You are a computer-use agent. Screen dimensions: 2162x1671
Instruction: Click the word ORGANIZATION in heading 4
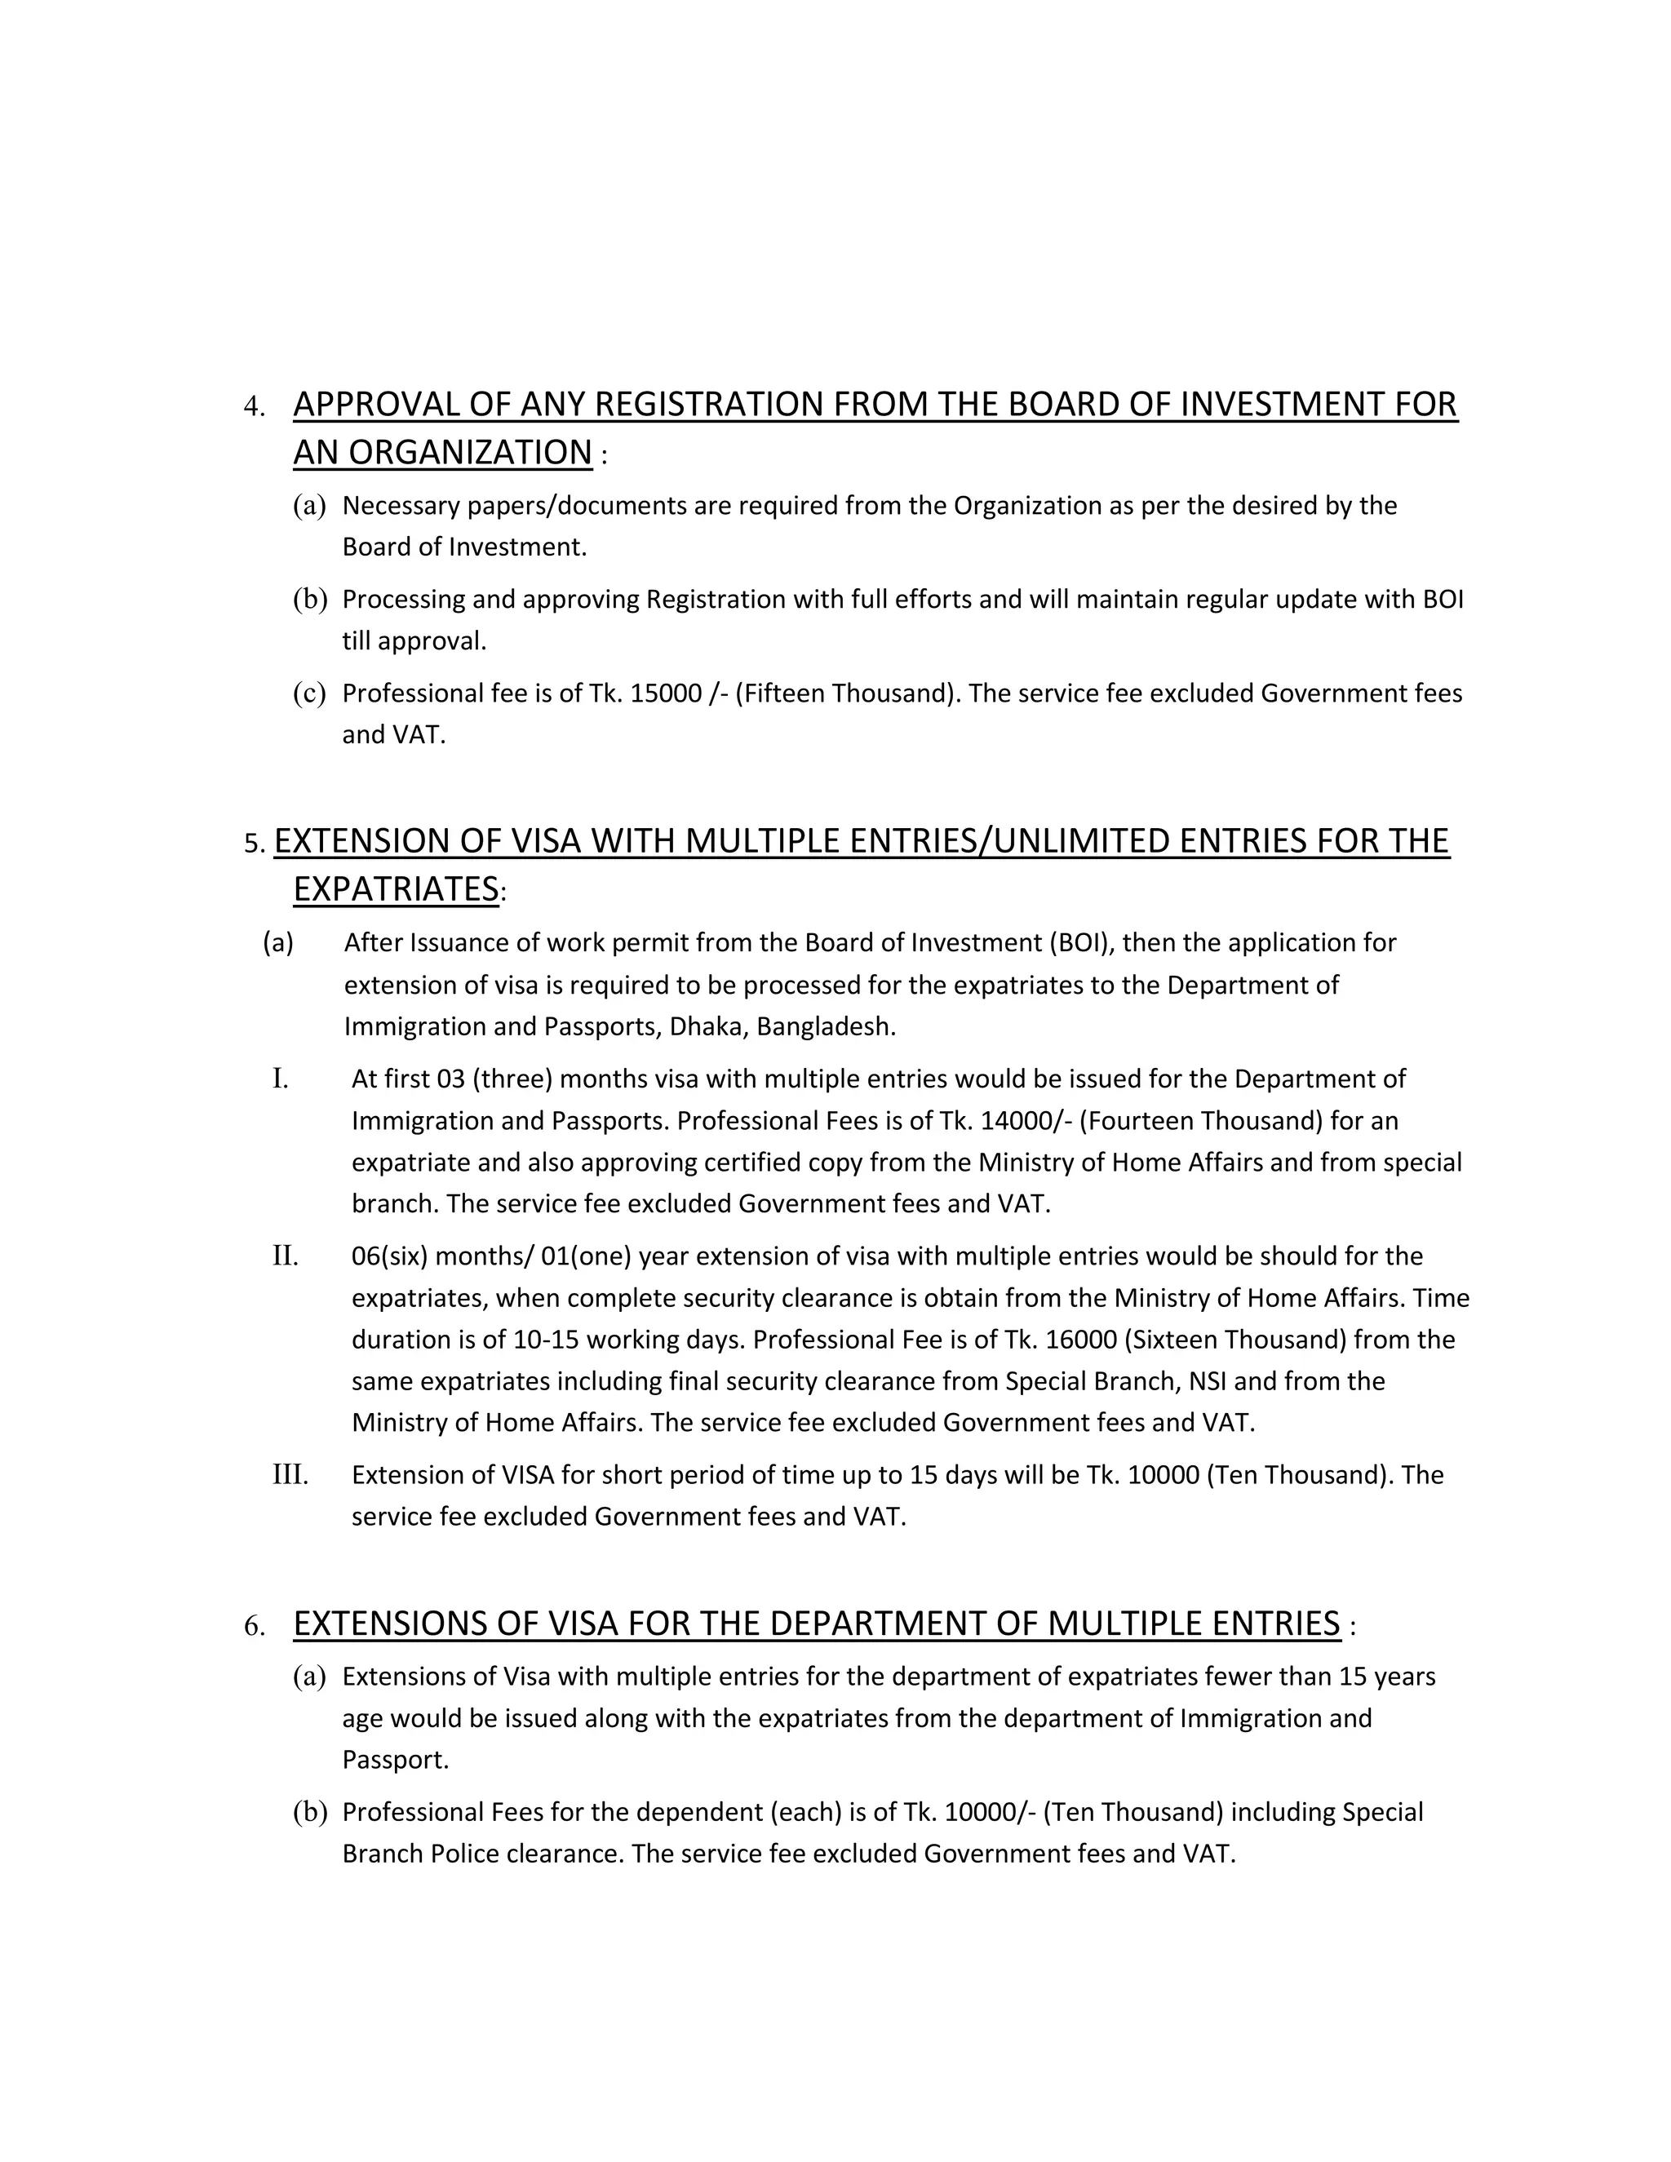click(x=469, y=453)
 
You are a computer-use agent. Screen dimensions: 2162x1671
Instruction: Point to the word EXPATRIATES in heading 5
click(x=396, y=889)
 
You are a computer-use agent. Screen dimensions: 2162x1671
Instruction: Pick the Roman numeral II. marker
click(x=285, y=1256)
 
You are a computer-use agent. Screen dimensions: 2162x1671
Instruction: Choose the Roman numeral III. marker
click(x=290, y=1475)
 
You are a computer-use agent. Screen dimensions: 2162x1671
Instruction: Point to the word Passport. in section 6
click(x=395, y=1760)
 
